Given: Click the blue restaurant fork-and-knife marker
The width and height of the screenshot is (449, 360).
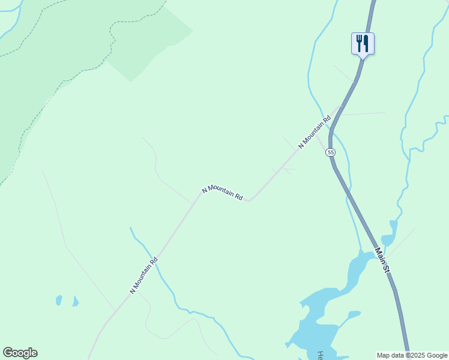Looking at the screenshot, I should tap(363, 44).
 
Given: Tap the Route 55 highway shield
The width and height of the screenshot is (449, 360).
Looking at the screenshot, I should tap(331, 153).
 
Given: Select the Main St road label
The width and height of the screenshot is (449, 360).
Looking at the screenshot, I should tap(383, 261).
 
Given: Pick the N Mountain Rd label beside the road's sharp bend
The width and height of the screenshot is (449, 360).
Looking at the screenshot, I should tap(223, 193).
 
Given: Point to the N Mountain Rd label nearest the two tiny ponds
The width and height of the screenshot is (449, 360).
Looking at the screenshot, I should tap(144, 275).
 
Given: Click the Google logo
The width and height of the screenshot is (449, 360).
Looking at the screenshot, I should tap(20, 353).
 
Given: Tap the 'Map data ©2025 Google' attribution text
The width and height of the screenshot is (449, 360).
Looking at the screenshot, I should tap(412, 355).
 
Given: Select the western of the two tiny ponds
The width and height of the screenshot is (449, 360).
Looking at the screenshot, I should tap(59, 299).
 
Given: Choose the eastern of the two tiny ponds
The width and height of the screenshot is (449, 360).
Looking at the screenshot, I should tap(75, 301).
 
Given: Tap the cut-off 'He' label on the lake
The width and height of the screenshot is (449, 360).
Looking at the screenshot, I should tap(321, 355).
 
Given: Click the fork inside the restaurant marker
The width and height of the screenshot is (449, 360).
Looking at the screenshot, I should tap(359, 43).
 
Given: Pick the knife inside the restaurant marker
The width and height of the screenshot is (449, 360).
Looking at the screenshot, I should tap(366, 43).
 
